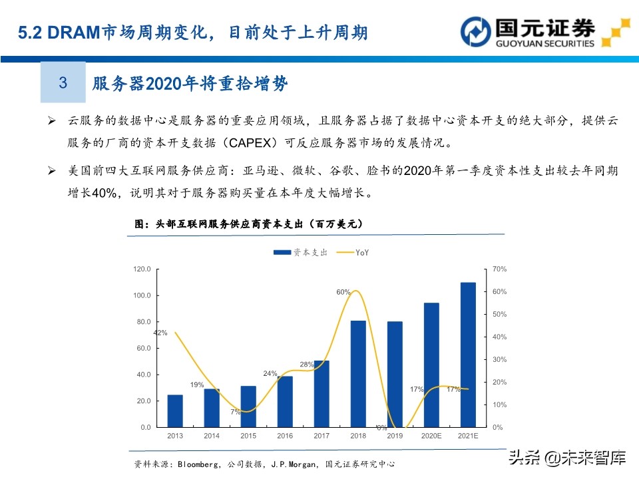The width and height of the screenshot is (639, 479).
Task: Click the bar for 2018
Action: coord(358,373)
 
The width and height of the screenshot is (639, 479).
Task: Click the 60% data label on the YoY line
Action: coord(343,292)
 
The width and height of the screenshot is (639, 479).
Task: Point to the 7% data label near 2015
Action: coord(236,412)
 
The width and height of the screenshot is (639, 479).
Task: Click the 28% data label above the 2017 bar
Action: coord(306,364)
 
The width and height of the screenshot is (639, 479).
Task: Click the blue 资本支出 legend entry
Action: coord(300,253)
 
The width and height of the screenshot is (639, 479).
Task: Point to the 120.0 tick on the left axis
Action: coord(142,269)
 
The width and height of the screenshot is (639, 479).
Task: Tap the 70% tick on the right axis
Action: coord(499,269)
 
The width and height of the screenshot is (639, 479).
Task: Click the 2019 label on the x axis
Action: coord(395,436)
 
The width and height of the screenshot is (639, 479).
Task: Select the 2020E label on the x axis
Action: coord(431,436)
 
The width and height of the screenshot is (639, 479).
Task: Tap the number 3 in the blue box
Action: coord(63,83)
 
